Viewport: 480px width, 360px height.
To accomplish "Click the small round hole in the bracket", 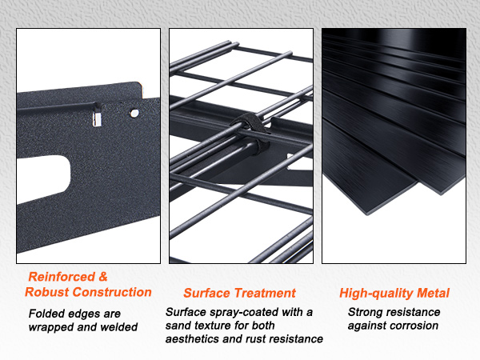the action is coord(134,114).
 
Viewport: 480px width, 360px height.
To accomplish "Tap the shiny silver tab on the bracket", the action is coord(97,119).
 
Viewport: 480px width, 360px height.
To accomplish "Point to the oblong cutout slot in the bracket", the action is coord(44,178).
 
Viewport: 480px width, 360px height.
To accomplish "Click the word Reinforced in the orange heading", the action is coord(62,277).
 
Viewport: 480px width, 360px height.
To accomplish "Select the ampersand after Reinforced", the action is coord(103,277).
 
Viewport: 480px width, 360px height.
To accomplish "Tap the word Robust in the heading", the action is coord(47,292).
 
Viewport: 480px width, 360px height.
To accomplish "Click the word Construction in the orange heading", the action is coord(112,292).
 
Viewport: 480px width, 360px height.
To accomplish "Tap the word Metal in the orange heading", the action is coord(433,293).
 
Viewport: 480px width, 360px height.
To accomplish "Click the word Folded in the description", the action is coord(46,314).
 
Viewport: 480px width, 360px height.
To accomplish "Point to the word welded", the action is coord(118,327).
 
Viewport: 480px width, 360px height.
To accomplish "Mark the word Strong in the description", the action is coord(365,313).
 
